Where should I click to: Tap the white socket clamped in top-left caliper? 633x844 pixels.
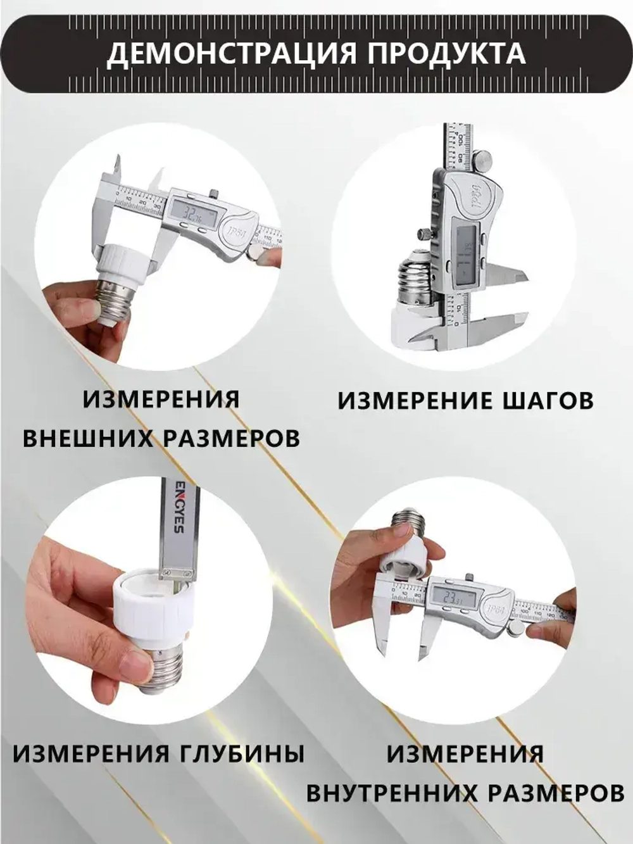coord(127,262)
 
